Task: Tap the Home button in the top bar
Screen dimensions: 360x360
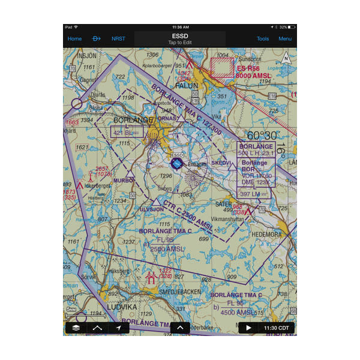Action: pyautogui.click(x=74, y=39)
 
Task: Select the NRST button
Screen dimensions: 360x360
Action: pyautogui.click(x=118, y=39)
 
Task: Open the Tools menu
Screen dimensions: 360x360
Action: pyautogui.click(x=263, y=39)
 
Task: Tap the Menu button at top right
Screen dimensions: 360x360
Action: pyautogui.click(x=285, y=39)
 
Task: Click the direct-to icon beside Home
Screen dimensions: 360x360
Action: pyautogui.click(x=96, y=39)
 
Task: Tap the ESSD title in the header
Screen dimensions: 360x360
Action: pyautogui.click(x=180, y=36)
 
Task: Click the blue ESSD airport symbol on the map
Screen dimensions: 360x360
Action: pyautogui.click(x=176, y=163)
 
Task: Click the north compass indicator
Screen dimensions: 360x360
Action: pyautogui.click(x=286, y=59)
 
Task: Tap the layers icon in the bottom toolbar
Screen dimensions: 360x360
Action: pyautogui.click(x=76, y=328)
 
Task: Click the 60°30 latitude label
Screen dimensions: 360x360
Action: pyautogui.click(x=262, y=135)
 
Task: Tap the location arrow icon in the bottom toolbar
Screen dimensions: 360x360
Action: pyautogui.click(x=119, y=328)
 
